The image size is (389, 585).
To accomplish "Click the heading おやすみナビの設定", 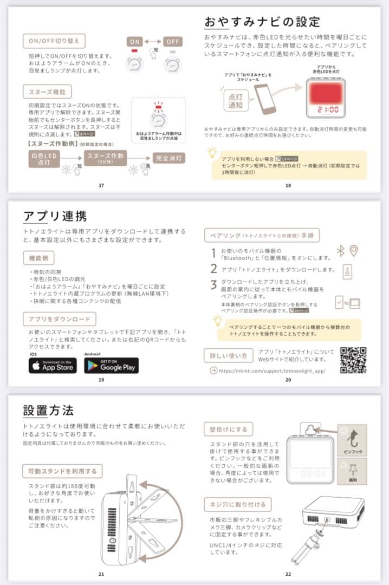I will [x=262, y=22].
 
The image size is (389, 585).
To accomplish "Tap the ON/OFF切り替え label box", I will [x=54, y=41].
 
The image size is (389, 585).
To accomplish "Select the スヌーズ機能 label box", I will [x=47, y=91].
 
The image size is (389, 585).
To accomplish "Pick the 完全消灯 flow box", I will [x=169, y=158].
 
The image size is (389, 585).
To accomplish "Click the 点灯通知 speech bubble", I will [x=235, y=101].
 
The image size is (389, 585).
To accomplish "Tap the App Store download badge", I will [x=53, y=366].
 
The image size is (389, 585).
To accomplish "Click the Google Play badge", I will [x=112, y=366].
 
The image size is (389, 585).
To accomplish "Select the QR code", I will [x=353, y=360].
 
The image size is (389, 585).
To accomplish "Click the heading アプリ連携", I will [x=55, y=216].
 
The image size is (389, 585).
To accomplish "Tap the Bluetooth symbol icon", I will [x=341, y=251].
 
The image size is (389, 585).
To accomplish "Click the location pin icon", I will [x=354, y=251].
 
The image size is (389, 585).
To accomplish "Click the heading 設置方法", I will [x=48, y=410].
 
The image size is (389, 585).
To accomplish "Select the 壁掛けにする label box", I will [x=228, y=430].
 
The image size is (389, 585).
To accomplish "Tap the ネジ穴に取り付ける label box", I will [x=237, y=505].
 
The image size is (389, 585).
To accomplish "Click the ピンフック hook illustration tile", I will [x=352, y=439].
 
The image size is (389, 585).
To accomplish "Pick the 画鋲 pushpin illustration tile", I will [x=352, y=470].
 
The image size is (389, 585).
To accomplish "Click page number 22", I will [x=288, y=574].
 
